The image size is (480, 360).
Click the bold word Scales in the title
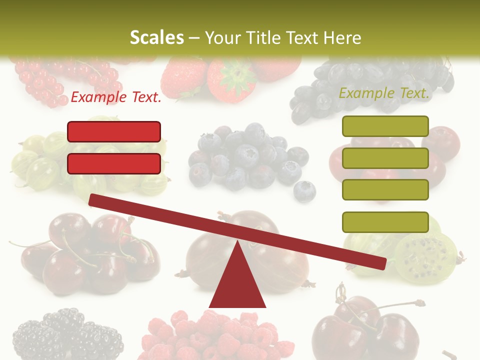point(156,37)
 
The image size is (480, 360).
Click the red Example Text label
point(116,97)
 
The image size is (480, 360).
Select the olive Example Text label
point(384,93)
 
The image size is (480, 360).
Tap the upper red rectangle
point(114,131)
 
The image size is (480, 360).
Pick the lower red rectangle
point(114,163)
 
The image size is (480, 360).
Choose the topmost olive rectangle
point(385,126)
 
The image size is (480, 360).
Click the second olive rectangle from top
point(385,158)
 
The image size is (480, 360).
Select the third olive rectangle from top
point(385,190)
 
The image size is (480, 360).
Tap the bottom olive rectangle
point(385,222)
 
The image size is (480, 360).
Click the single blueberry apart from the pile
point(304,191)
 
